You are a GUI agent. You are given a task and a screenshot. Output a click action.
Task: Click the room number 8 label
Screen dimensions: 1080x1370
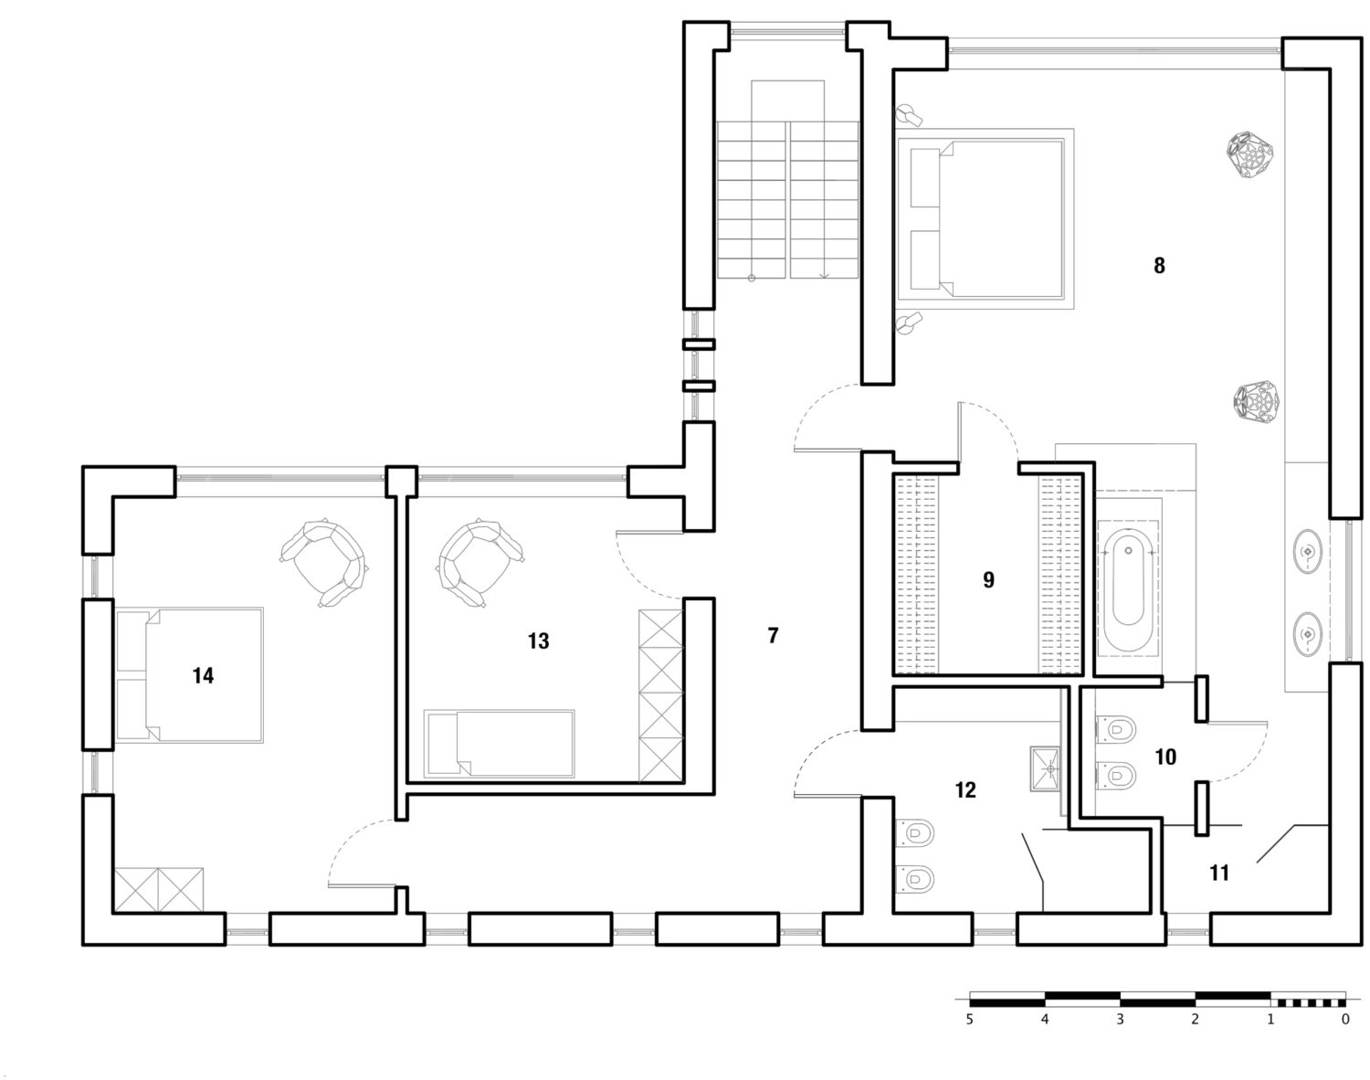(x=1159, y=266)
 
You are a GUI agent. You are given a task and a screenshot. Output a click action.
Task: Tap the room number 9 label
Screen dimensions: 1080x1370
(x=988, y=579)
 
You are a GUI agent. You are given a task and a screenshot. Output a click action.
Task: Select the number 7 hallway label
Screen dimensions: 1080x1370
(x=773, y=636)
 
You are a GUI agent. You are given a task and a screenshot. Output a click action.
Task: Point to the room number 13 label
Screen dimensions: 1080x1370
(x=538, y=641)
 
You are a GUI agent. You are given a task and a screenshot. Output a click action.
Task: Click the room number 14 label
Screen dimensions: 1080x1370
(x=203, y=675)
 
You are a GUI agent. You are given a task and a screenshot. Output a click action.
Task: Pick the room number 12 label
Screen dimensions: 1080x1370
(x=965, y=790)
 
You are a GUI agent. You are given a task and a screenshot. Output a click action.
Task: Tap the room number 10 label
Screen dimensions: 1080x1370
(x=1165, y=757)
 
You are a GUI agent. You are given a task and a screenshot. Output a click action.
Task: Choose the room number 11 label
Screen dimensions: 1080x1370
(x=1219, y=874)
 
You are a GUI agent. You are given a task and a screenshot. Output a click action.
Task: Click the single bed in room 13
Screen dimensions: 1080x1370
(x=500, y=744)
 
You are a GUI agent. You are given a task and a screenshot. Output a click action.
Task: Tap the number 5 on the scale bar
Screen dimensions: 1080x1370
(x=970, y=1019)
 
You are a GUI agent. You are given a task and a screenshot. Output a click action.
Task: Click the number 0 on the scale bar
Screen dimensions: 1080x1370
(x=1344, y=1019)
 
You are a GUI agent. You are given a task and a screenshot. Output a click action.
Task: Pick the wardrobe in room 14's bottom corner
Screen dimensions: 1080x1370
(x=159, y=889)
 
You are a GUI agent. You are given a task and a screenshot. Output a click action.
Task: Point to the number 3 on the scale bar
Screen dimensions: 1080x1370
(x=1120, y=1019)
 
